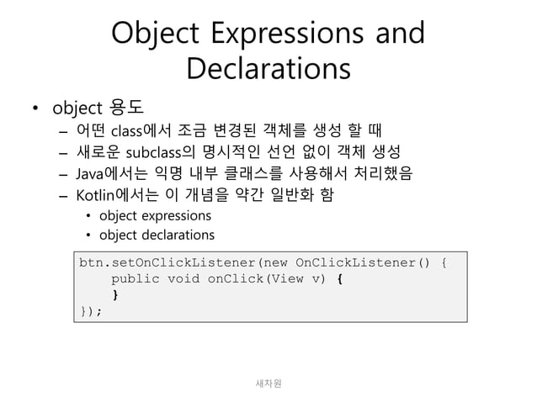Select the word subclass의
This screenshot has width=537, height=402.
pyautogui.click(x=172, y=153)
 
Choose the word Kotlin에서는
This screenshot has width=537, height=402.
pyautogui.click(x=114, y=197)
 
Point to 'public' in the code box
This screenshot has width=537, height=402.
pyautogui.click(x=135, y=279)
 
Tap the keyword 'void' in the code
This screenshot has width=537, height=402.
pyautogui.click(x=183, y=279)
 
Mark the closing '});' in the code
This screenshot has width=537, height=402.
pyautogui.click(x=90, y=310)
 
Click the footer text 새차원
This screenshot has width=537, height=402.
pyautogui.click(x=268, y=383)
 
